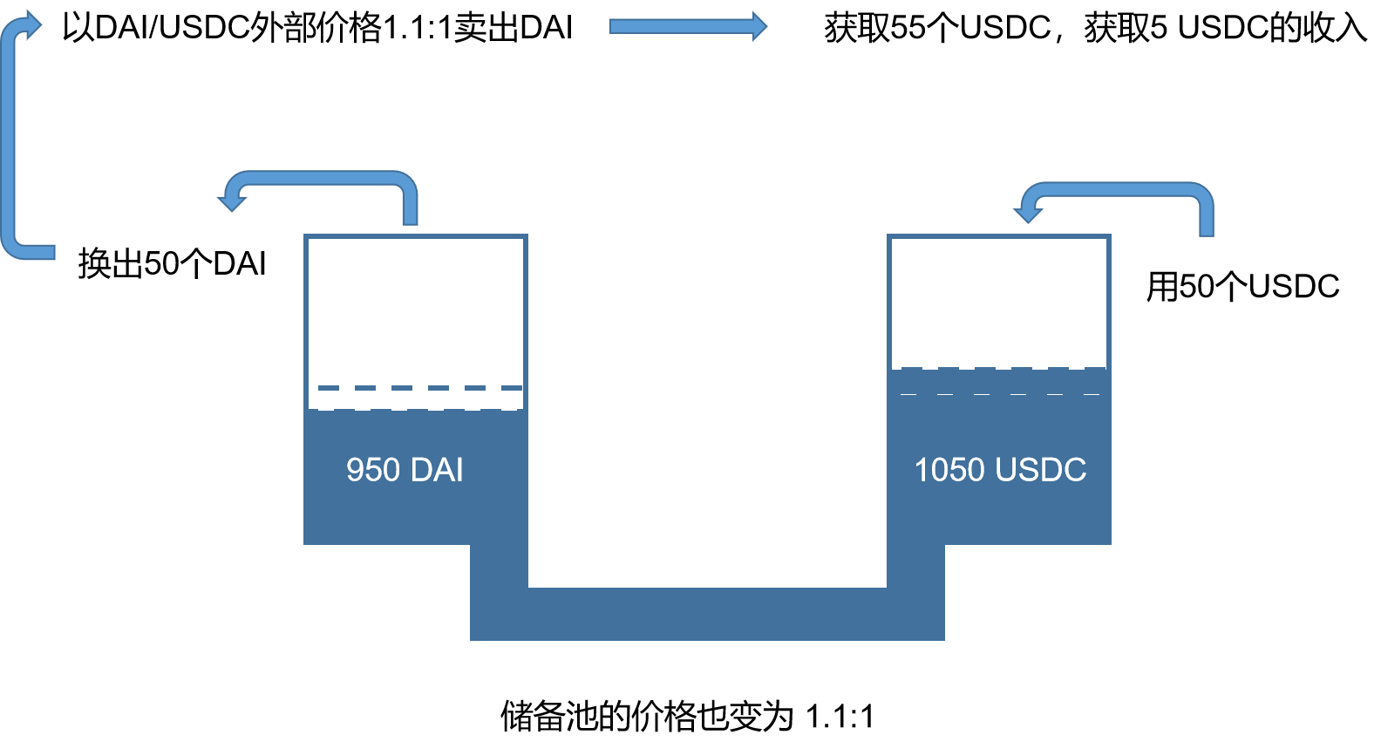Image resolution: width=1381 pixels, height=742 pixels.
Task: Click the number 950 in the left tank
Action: [x=373, y=470]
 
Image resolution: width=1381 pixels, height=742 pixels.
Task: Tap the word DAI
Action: [x=436, y=470]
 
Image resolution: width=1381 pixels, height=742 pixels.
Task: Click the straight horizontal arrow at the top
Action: [x=687, y=26]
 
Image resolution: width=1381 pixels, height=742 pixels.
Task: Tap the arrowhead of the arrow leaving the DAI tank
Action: [x=230, y=200]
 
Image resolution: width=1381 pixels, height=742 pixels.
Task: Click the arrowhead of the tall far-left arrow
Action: [x=31, y=25]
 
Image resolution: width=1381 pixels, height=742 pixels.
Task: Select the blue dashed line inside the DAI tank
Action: [x=419, y=388]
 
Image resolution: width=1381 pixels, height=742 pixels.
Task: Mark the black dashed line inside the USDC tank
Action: [x=999, y=394]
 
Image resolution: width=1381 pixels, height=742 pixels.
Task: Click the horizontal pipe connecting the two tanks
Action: [x=707, y=614]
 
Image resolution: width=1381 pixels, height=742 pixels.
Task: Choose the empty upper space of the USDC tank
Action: [x=999, y=301]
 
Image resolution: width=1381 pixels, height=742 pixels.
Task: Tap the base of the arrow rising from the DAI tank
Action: [x=410, y=218]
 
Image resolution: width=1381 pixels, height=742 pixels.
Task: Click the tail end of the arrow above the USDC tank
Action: [x=1207, y=228]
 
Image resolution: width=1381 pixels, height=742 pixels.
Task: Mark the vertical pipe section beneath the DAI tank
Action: [x=499, y=575]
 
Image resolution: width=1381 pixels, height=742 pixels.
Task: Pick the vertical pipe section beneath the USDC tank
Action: [x=915, y=575]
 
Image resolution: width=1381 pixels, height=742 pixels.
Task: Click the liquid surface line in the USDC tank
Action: [x=999, y=371]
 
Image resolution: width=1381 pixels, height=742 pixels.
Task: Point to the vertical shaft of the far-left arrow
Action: [x=9, y=140]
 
